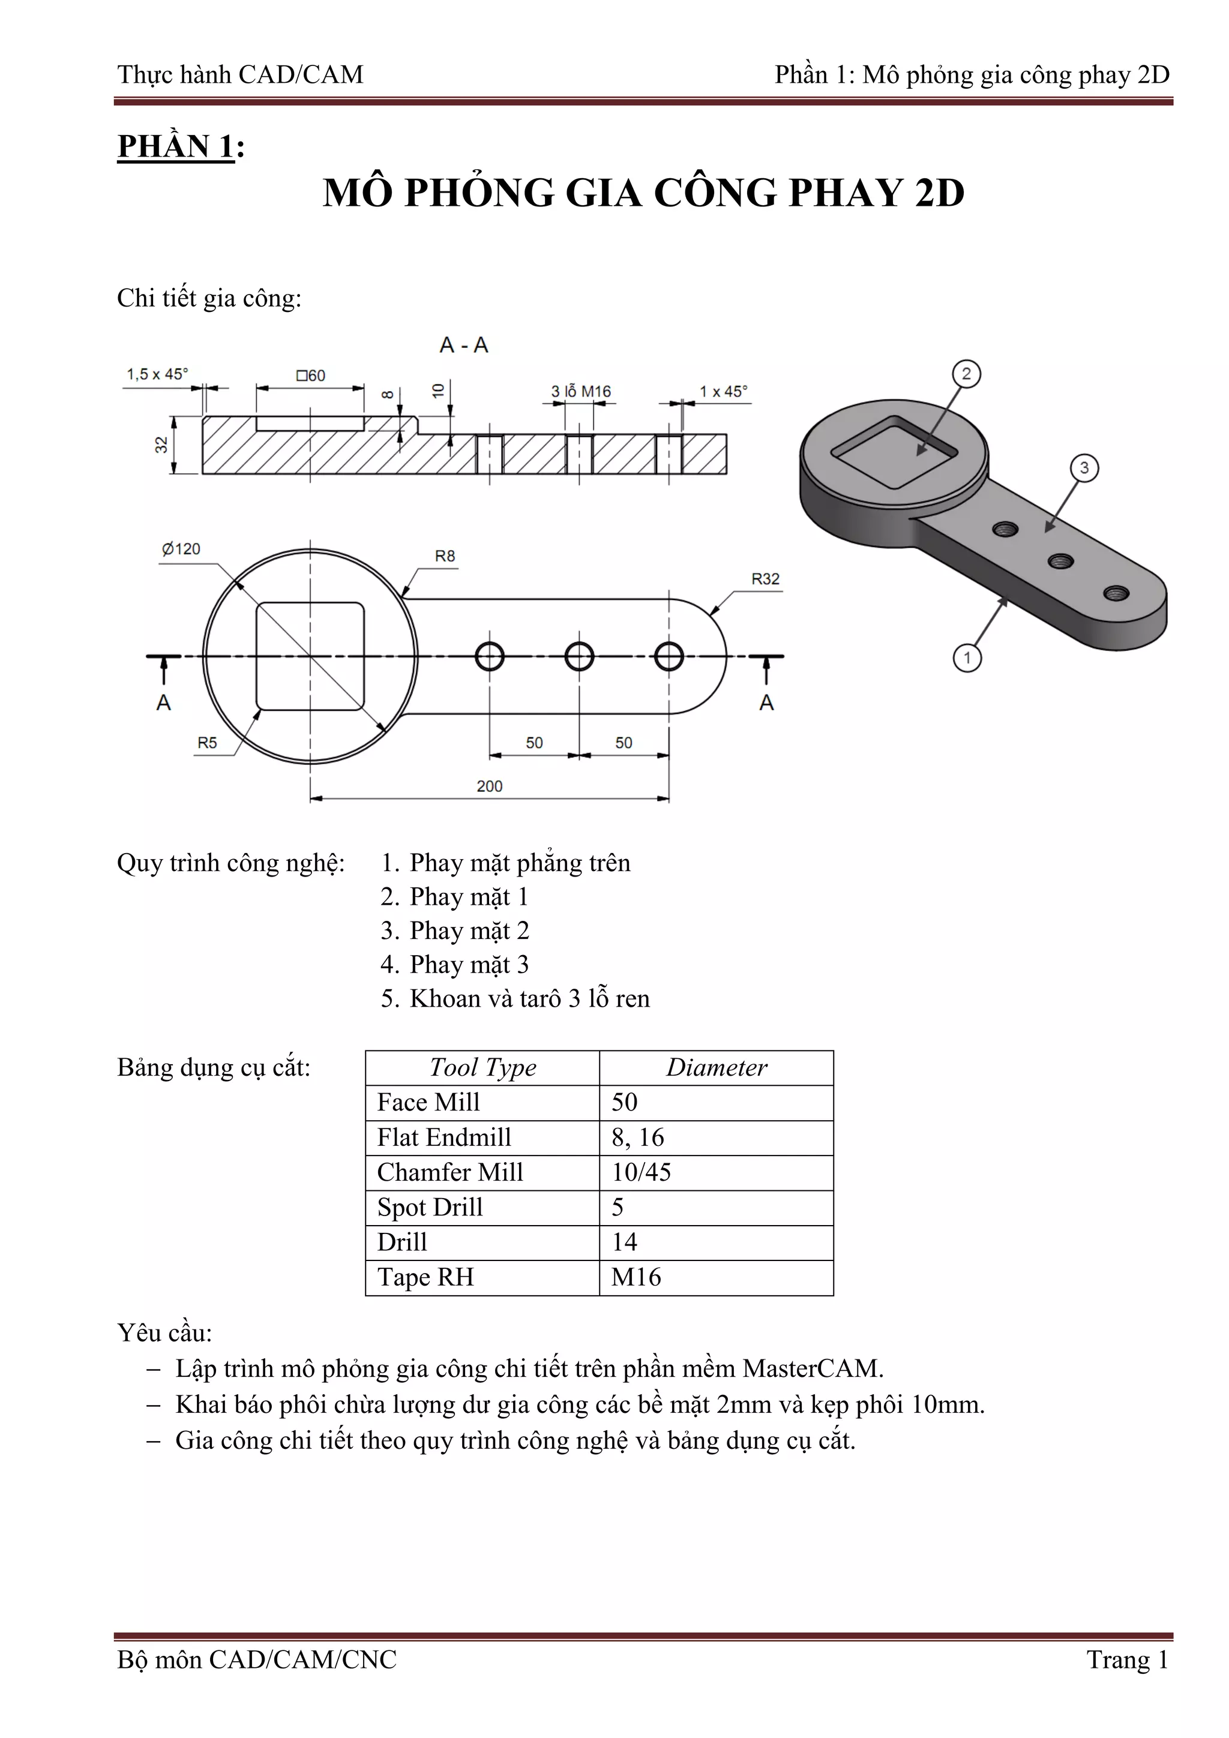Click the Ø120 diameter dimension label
click(x=181, y=549)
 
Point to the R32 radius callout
click(x=765, y=579)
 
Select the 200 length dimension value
click(x=489, y=786)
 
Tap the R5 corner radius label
click(x=206, y=743)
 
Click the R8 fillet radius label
click(x=445, y=556)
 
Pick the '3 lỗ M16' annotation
click(x=580, y=391)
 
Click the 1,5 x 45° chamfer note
click(x=157, y=374)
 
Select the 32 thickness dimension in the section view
click(x=161, y=445)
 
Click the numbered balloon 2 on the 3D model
click(x=966, y=374)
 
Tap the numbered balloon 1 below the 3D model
click(x=966, y=658)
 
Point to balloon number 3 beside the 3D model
click(x=1084, y=468)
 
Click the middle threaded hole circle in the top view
click(x=579, y=656)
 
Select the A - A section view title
click(x=463, y=346)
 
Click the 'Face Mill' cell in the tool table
click(x=428, y=1102)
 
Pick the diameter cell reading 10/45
click(x=641, y=1172)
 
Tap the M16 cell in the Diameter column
click(x=636, y=1277)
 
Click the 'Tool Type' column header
click(x=482, y=1067)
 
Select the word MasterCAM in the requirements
click(x=812, y=1368)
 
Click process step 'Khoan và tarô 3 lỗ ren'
click(x=529, y=998)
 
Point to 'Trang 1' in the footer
click(x=1127, y=1659)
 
